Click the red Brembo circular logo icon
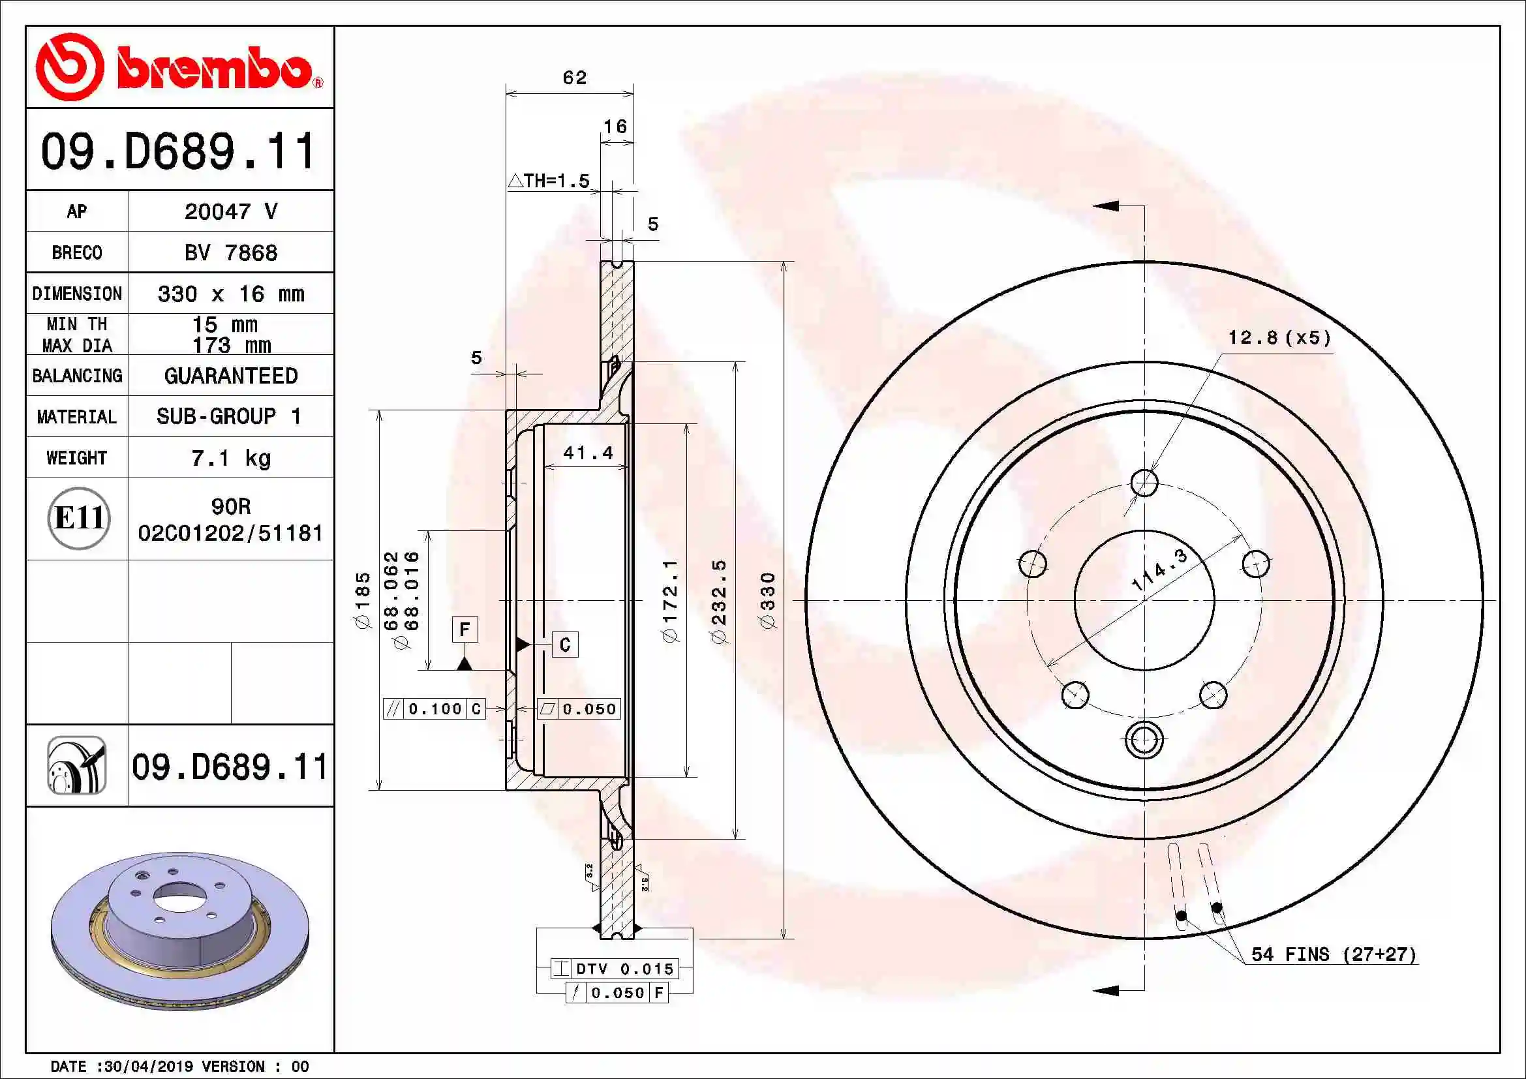tap(70, 67)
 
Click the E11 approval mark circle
tap(78, 518)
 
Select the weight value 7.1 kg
tap(230, 458)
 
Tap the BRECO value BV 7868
tap(230, 252)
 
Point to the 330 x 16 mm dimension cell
tap(230, 294)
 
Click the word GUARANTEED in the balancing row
tap(230, 376)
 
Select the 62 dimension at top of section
tap(574, 78)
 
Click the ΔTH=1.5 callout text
tap(549, 181)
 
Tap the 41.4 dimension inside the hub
tap(588, 453)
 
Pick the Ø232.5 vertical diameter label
tap(719, 601)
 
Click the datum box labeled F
tap(465, 628)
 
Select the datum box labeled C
tap(565, 645)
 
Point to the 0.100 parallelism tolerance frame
tap(434, 709)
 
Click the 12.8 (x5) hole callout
tap(1279, 337)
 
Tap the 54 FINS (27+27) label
tap(1334, 954)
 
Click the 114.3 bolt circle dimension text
tap(1159, 570)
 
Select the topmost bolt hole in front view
tap(1144, 482)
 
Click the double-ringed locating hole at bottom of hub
tap(1144, 739)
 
